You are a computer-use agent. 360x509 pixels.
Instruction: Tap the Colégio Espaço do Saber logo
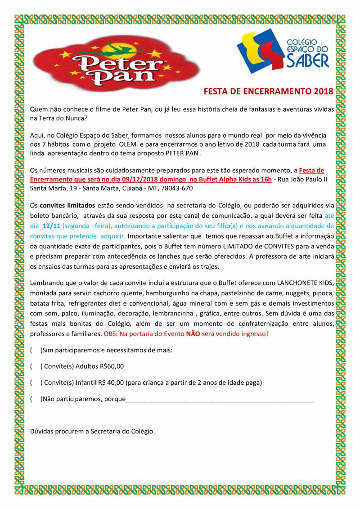pyautogui.click(x=283, y=50)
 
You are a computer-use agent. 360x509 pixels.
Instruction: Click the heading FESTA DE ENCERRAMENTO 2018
pyautogui.click(x=269, y=92)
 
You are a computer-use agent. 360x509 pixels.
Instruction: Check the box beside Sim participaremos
pyautogui.click(x=35, y=350)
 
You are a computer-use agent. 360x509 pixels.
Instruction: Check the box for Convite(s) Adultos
pyautogui.click(x=35, y=366)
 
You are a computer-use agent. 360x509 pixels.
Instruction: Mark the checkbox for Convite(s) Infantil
pyautogui.click(x=35, y=383)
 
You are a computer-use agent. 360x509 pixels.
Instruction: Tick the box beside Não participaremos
pyautogui.click(x=35, y=399)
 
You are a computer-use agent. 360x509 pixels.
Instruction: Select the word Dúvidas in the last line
pyautogui.click(x=41, y=431)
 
